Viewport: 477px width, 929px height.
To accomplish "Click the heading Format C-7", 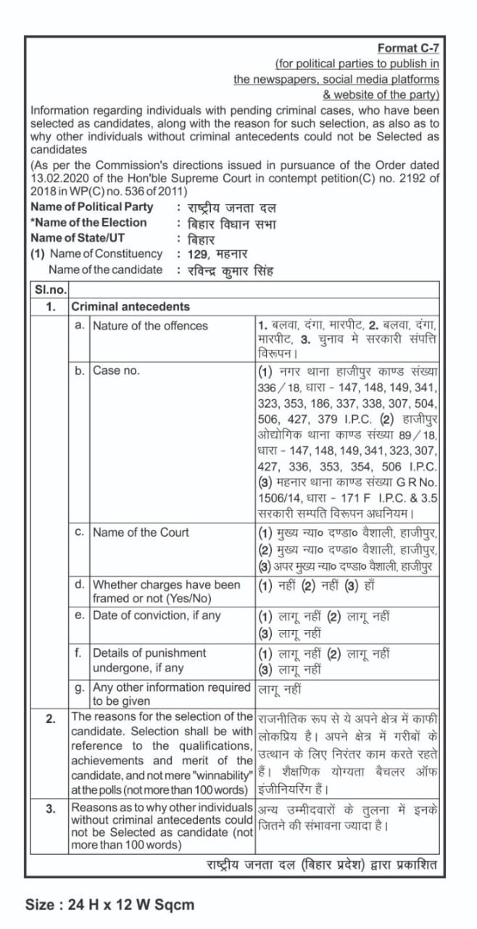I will [408, 48].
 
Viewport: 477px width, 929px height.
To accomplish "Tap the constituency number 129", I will [199, 254].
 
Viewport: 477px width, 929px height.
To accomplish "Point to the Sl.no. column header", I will [50, 290].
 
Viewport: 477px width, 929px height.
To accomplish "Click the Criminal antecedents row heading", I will [130, 306].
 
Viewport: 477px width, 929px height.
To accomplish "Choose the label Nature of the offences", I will [150, 326].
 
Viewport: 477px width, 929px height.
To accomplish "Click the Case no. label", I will [116, 371].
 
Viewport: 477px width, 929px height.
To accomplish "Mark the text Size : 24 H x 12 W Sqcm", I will [110, 904].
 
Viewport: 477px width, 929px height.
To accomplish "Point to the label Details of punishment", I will [149, 653].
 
